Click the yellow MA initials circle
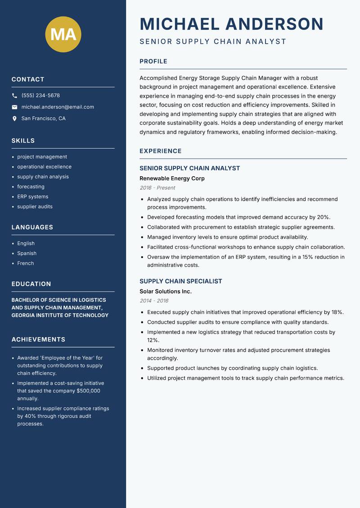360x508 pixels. [x=63, y=34]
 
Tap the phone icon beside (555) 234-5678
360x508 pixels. [x=14, y=96]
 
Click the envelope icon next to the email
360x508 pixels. [x=14, y=107]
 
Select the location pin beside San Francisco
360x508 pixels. [x=14, y=119]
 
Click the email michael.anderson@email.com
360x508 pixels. [x=58, y=107]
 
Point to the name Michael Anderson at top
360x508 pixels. [x=232, y=24]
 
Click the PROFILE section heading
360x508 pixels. [x=153, y=62]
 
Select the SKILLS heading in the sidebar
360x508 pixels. [x=23, y=141]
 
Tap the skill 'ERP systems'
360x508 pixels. [x=33, y=196]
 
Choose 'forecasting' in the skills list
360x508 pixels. [x=31, y=187]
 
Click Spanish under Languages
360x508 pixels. [x=27, y=253]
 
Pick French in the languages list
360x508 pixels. [x=26, y=263]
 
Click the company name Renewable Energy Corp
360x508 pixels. [x=172, y=178]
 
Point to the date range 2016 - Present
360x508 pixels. [x=157, y=188]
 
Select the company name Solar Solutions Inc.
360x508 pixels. [x=166, y=291]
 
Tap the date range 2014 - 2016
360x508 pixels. [x=154, y=301]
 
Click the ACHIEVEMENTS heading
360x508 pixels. [x=38, y=339]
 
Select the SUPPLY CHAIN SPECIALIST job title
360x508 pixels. [x=181, y=281]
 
